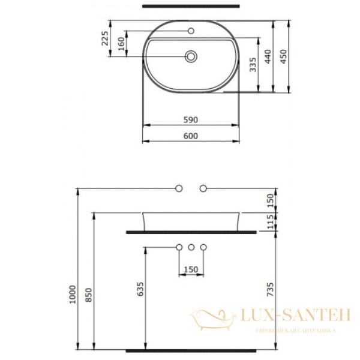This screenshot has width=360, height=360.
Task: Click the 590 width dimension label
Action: coord(190,119)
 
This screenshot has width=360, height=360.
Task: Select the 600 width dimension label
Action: coord(190,136)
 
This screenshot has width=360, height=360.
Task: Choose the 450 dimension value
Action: coord(286,56)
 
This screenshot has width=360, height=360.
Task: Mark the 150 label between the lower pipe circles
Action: coord(190,269)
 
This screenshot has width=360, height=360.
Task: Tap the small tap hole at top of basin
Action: coord(191,31)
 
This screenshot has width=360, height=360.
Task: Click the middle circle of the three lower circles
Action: coord(191,247)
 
